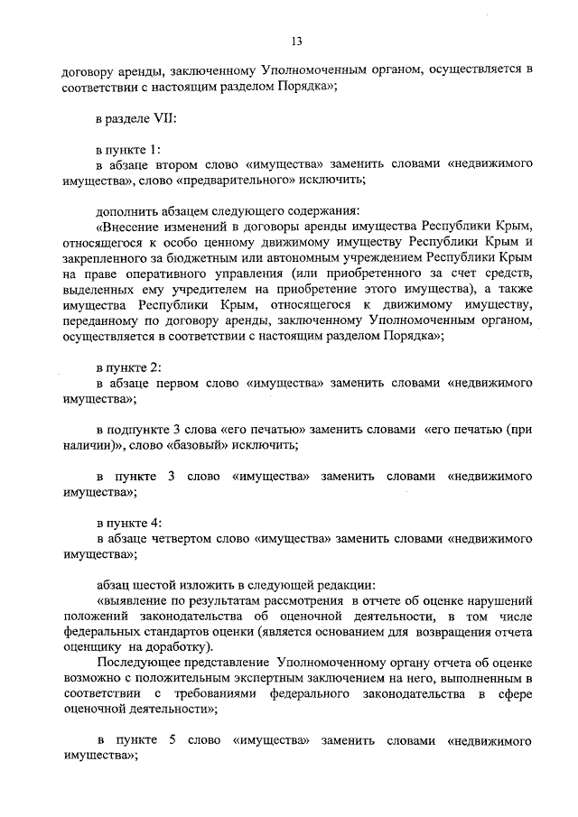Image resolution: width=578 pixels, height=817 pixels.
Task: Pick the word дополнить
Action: point(124,209)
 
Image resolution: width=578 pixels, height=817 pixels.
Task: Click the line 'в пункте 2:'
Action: point(128,367)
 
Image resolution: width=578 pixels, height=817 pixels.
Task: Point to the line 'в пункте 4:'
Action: point(128,523)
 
